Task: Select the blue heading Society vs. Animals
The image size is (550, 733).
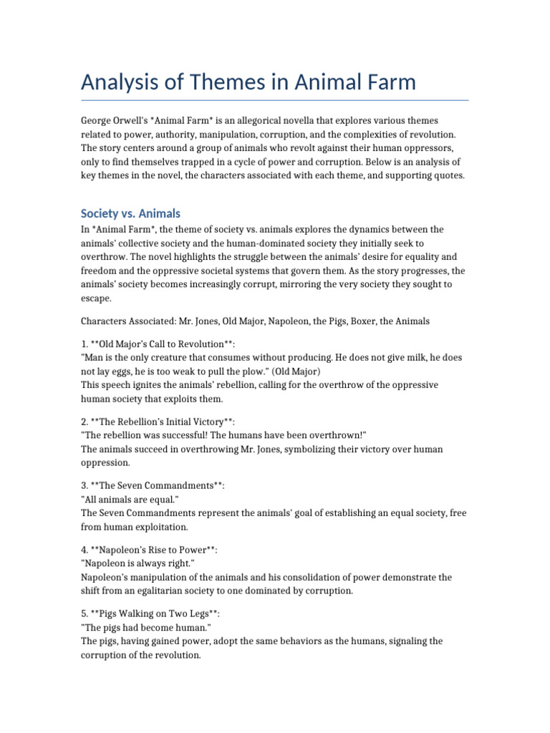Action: coord(130,213)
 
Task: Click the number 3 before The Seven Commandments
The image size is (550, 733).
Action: coord(84,486)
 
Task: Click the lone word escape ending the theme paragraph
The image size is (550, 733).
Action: coord(96,298)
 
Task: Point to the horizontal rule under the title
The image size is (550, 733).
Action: coord(275,100)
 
